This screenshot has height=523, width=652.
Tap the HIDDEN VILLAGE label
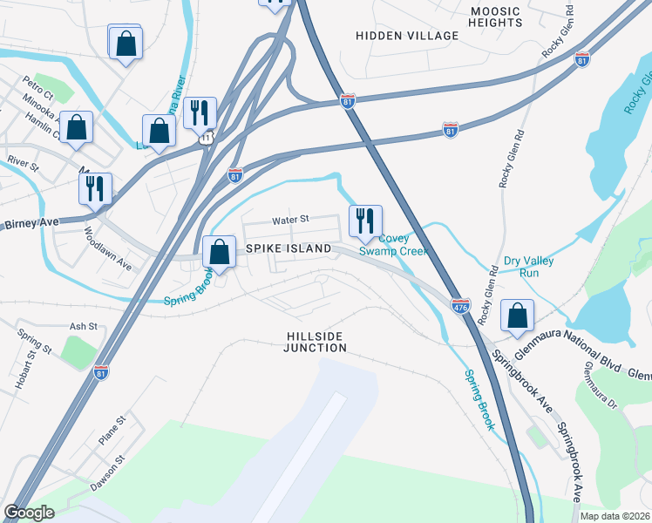coord(407,36)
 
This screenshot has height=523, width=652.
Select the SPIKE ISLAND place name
coord(288,249)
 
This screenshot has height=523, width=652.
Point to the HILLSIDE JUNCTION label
coord(315,342)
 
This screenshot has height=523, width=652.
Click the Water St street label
coord(291,221)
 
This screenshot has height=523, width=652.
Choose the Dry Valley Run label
coord(529,267)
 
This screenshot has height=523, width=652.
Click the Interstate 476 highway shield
coord(461,306)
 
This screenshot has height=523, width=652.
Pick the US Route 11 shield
coord(206,138)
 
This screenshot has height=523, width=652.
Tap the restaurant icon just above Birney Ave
coord(95,188)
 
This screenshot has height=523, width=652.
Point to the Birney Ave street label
coord(31,223)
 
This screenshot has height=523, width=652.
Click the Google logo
coord(30,513)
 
